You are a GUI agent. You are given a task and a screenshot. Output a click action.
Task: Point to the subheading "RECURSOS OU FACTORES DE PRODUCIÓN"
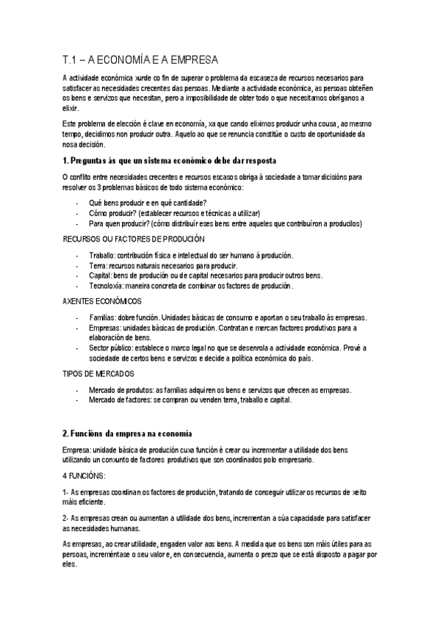click(134, 239)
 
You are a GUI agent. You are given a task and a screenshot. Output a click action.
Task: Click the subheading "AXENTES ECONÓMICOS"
click(102, 301)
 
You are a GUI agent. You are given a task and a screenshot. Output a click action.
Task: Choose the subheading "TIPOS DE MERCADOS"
click(98, 374)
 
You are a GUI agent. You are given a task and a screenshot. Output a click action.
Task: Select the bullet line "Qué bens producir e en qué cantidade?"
click(147, 203)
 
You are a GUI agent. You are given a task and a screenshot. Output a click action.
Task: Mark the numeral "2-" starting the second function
click(66, 518)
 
